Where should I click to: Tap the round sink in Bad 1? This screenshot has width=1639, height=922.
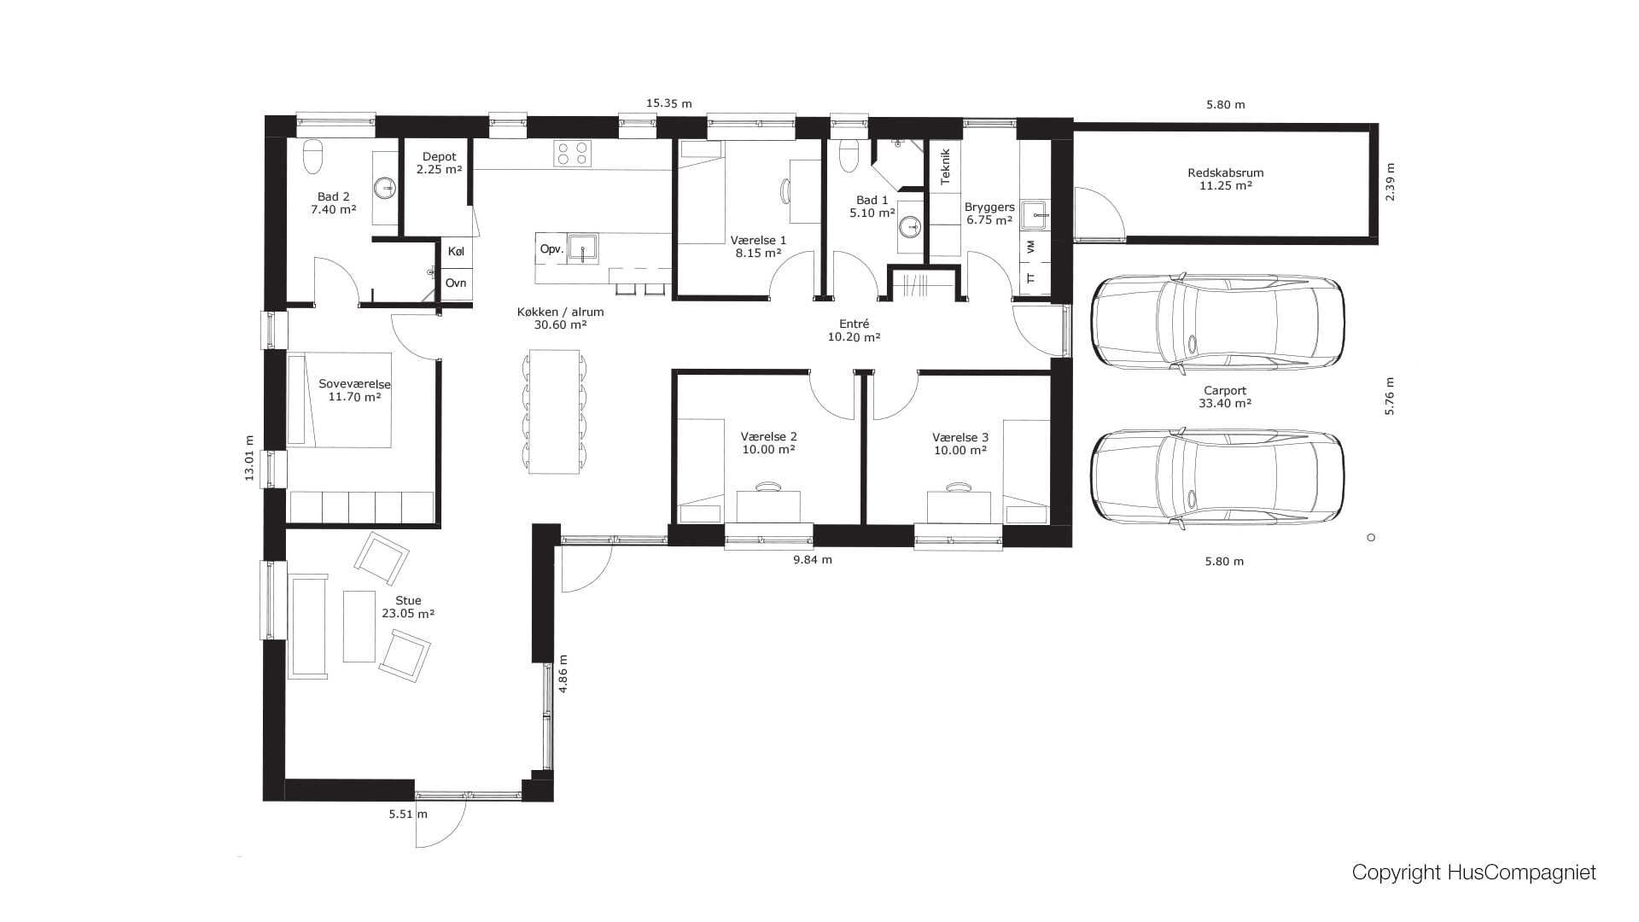coord(910,226)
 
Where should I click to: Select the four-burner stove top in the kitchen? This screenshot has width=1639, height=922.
coord(572,153)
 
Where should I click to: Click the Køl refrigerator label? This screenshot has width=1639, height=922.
coord(456,252)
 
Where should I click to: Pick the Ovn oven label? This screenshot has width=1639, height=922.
coord(456,283)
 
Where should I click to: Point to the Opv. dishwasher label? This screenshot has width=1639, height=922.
coord(551,249)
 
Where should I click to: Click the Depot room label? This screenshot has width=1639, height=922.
coord(440,156)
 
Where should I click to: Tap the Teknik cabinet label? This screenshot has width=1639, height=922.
coord(945,167)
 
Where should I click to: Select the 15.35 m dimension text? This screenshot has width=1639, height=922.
coord(668,103)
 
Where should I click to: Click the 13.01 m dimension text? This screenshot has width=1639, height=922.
coord(250,458)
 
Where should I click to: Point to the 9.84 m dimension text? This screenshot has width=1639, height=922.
coord(813,560)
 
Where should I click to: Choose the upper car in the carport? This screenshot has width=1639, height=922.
coord(1218,323)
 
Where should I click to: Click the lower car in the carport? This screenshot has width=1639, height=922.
coord(1218,479)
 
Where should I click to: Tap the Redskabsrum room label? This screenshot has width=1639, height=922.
coord(1226,172)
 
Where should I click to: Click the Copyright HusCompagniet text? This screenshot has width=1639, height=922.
coord(1474,872)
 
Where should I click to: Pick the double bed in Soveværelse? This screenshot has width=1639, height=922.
coord(339,400)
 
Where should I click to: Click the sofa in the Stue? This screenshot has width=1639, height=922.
coord(308,627)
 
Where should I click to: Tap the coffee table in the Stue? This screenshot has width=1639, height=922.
coord(359,627)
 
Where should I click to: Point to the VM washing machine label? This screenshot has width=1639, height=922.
coord(1031,247)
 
